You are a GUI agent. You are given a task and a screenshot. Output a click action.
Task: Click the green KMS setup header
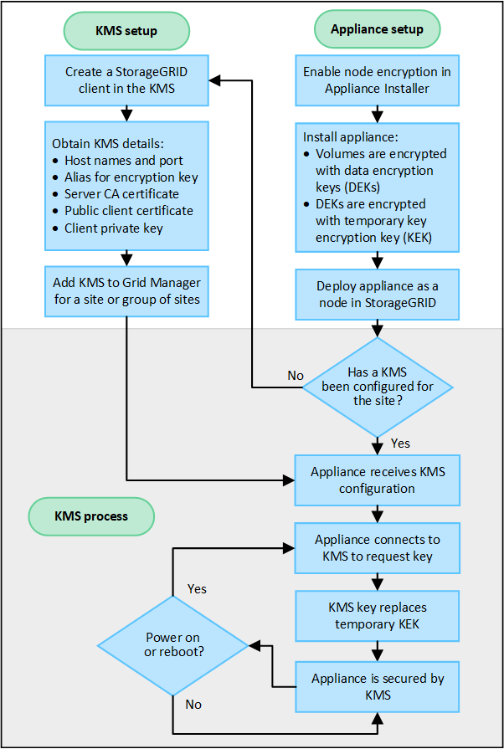tap(126, 30)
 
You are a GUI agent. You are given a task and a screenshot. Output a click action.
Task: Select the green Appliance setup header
tap(377, 29)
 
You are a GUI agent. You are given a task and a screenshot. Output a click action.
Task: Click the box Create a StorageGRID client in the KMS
tap(126, 80)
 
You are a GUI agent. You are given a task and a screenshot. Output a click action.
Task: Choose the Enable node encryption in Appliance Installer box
tap(377, 80)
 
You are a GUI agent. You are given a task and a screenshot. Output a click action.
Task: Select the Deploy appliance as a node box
tap(377, 293)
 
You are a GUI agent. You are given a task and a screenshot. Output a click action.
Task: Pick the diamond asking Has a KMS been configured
tap(377, 386)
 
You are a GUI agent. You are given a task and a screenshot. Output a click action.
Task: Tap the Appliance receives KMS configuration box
tap(377, 480)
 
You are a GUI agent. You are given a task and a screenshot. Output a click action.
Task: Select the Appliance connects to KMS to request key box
tap(377, 548)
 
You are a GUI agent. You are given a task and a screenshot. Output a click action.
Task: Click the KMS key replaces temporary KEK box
tap(377, 616)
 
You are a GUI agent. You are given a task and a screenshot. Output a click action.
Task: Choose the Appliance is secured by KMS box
tap(377, 686)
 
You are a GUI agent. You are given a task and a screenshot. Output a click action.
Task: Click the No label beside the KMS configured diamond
tap(296, 376)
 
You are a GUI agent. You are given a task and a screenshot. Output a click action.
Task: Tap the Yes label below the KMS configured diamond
tap(400, 443)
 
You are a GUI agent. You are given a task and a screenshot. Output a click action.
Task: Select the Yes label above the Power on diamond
tap(198, 588)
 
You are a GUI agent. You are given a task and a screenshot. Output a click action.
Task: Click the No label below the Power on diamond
tap(193, 704)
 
